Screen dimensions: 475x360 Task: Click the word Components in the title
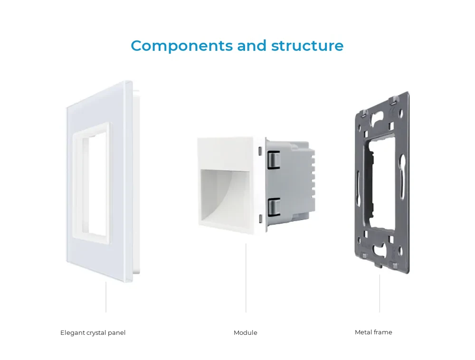[182, 46]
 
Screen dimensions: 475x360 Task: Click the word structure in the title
[307, 46]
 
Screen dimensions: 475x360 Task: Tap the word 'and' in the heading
[252, 46]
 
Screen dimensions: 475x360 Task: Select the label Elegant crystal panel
[93, 333]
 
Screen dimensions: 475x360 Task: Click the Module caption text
[246, 332]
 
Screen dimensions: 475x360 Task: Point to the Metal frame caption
[373, 332]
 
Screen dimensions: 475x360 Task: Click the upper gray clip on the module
[274, 159]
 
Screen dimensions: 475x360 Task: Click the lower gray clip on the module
[274, 207]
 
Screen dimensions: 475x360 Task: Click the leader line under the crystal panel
[106, 297]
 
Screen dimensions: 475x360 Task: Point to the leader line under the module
[246, 278]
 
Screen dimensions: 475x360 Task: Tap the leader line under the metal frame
[380, 294]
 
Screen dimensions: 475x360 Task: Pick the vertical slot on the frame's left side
[358, 189]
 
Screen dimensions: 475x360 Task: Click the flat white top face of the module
[225, 153]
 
